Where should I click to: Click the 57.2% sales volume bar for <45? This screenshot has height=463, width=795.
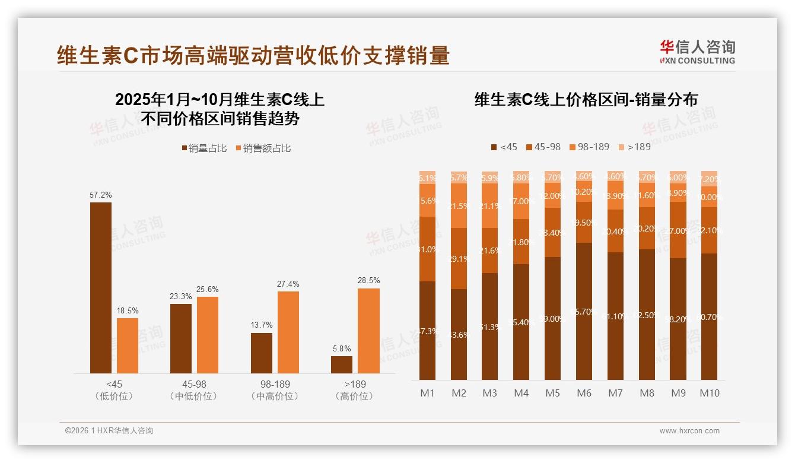point(101,288)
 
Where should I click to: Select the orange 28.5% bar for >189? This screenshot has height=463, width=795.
point(368,331)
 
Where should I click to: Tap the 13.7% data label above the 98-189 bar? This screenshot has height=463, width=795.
point(262,325)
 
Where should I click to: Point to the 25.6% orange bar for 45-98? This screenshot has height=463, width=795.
point(208,335)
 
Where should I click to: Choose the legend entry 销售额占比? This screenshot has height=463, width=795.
point(263,148)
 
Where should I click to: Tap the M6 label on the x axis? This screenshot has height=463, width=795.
point(584,393)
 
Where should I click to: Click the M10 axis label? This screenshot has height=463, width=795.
point(709,393)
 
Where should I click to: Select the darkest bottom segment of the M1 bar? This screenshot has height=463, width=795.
point(427,331)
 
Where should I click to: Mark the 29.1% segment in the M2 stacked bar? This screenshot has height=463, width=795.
point(459,259)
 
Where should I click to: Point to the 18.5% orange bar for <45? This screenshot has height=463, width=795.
point(128,346)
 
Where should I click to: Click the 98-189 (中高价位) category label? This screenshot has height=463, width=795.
point(275,390)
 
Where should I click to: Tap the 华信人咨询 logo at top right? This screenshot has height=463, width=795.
point(697,52)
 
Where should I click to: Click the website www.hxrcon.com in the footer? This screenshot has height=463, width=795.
point(689,431)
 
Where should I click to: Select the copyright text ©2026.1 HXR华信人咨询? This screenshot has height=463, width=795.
point(109,431)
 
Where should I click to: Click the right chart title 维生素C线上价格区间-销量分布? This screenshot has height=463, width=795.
point(586,100)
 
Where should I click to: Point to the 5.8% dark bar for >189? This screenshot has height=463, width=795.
point(342,365)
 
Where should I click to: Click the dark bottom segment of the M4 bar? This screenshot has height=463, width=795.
point(521,322)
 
